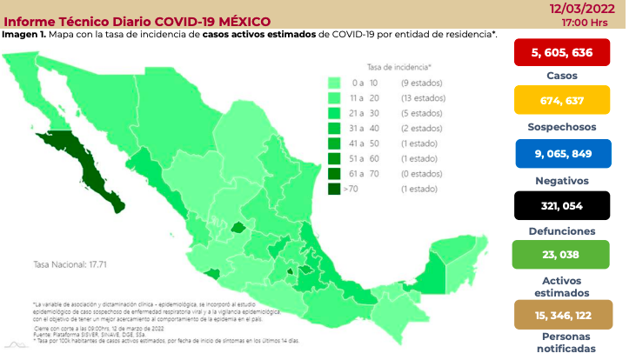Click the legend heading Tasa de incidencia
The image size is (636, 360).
click(399, 66)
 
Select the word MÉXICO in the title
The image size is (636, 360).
click(241, 21)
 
